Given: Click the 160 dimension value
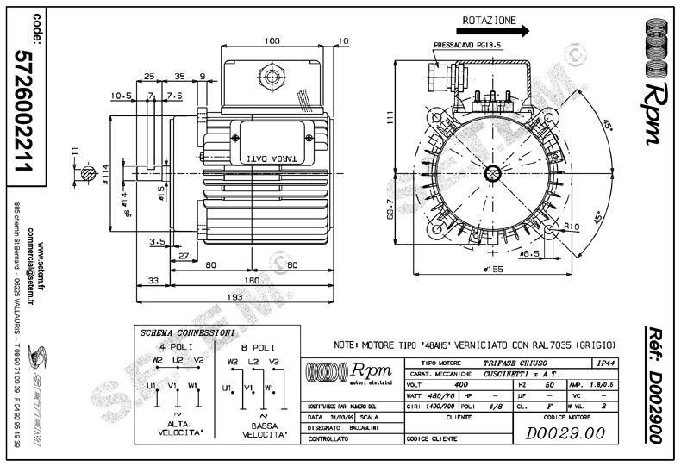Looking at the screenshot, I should (250, 280).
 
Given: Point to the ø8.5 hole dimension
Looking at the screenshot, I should (531, 253).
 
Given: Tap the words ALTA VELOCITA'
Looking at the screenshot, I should (176, 431).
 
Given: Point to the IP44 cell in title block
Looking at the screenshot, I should (607, 364).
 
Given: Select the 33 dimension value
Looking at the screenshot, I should (153, 280).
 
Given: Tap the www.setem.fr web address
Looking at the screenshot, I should (41, 228).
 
